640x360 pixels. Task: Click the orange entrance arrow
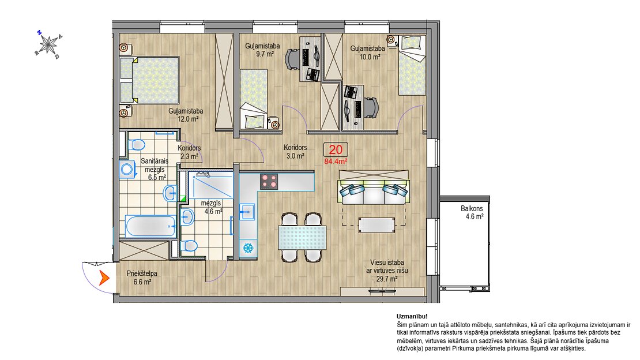[x=104, y=278]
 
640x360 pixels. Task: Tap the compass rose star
[x=49, y=43]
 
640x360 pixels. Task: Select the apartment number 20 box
[x=336, y=149]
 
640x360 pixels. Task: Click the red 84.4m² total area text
[x=336, y=162]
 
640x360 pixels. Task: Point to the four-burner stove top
[x=269, y=182]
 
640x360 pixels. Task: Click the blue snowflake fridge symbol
[x=248, y=248]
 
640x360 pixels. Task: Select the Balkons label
[x=472, y=208]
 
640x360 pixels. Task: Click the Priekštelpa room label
[x=142, y=273]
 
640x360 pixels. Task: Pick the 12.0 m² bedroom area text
[x=188, y=119]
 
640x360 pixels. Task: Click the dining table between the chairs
[x=302, y=238]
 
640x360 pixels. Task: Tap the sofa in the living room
[x=374, y=187]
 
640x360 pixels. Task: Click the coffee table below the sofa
[x=377, y=225]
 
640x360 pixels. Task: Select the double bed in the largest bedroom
[x=149, y=80]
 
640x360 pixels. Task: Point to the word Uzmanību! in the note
[x=412, y=316]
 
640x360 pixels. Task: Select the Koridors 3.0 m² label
[x=295, y=152]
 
